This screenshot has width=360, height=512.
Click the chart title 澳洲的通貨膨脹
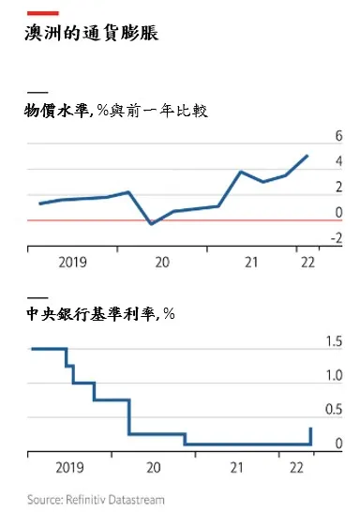pos(92,35)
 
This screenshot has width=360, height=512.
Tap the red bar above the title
pos(44,12)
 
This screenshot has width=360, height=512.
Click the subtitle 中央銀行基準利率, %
pos(101,313)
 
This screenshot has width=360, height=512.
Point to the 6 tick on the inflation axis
pos(337,137)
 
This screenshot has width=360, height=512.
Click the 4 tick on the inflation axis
pos(337,162)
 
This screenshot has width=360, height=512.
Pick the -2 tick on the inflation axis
pos(335,238)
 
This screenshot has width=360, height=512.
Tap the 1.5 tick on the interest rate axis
pos(334,341)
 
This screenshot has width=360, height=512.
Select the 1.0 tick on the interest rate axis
pos(334,376)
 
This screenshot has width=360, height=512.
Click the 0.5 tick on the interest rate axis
pos(334,410)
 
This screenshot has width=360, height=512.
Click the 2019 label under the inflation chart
pos(72,262)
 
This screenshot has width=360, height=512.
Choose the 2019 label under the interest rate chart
pos(72,466)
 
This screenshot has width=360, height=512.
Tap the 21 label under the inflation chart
pos(250,262)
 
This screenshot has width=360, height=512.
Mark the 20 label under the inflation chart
pos(162,262)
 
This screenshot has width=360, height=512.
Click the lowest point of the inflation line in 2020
pos(152,224)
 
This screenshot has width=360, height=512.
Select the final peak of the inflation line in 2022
pos(307,156)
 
